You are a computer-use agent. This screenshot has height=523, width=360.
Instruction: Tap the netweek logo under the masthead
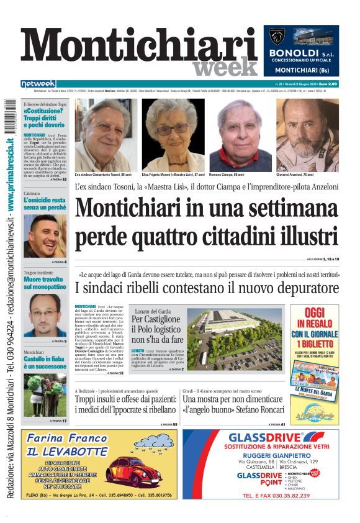point(38,84)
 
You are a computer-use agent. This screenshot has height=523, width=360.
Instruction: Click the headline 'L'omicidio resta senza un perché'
point(45,204)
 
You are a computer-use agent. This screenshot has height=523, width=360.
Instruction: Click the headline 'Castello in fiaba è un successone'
point(45,363)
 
